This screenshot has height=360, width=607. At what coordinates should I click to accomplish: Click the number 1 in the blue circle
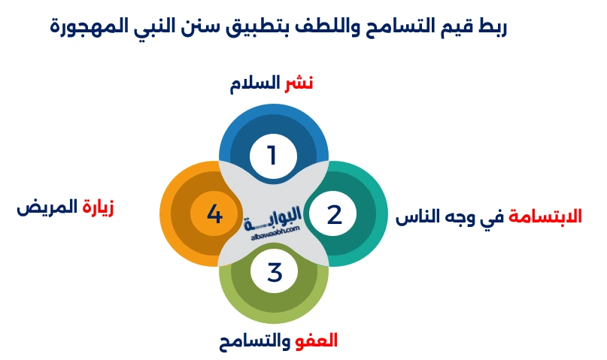point(272,156)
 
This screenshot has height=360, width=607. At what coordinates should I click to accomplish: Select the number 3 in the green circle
point(274,271)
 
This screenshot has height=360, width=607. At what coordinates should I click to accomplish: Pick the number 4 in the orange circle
point(214,214)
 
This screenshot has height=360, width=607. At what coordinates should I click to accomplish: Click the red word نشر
point(298,83)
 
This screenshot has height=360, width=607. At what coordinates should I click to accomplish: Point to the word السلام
point(256,83)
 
